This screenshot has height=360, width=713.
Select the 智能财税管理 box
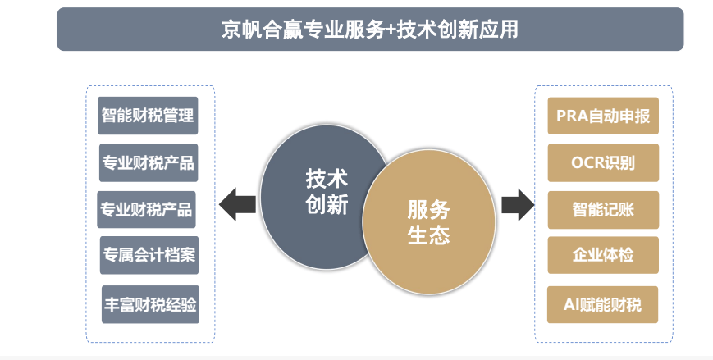pos(148,116)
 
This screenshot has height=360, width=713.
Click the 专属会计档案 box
pos(149,254)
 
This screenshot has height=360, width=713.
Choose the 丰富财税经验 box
pos(150,304)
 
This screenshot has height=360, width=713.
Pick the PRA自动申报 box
pos(603,116)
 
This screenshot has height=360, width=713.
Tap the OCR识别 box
pos(603,162)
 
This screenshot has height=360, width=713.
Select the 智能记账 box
pos(603,209)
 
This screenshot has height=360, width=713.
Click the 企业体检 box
pos(603,255)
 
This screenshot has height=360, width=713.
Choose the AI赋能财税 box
pos(603,304)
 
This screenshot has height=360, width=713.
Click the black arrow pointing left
pos(237,203)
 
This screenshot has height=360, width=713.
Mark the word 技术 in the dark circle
pos(327,178)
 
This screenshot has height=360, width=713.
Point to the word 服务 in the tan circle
pos(428,209)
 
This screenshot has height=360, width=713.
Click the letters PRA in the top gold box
pos(572,116)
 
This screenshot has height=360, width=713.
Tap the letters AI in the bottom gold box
pos(572,304)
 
